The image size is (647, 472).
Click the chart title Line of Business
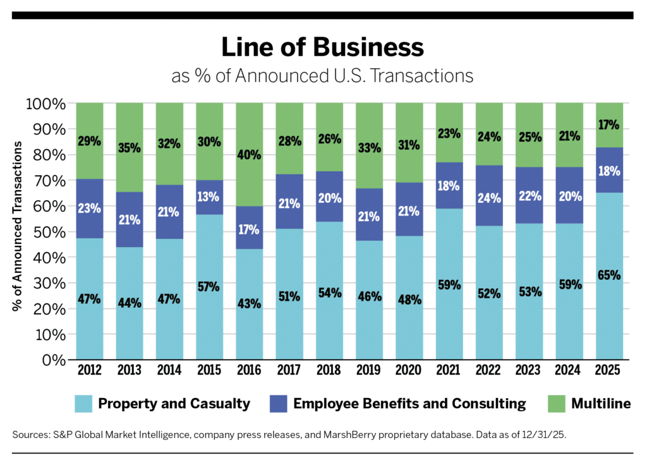323,49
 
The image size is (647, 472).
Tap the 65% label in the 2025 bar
608,275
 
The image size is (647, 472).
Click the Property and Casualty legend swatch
83,403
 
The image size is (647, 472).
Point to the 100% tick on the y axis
45,103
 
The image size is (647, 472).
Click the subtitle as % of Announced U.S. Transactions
323,76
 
